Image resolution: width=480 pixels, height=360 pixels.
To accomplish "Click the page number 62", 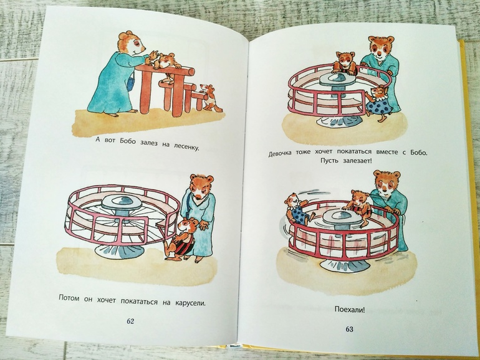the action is click(130, 321).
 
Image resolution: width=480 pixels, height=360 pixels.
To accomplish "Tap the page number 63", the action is click(349, 329).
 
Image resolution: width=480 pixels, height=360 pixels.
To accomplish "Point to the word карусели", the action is click(190, 304).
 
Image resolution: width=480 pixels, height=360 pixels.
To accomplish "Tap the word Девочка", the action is click(281, 153).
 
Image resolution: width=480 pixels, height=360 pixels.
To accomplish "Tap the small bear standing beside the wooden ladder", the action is click(209, 98).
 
